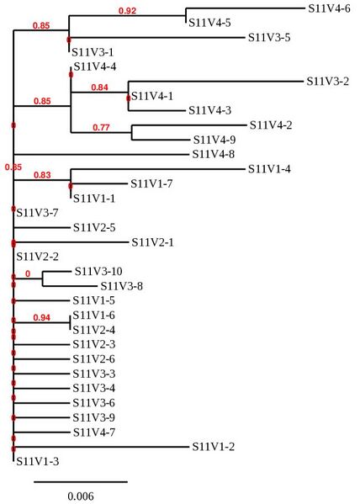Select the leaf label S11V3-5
(x=269, y=38)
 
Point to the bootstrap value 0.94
(x=44, y=318)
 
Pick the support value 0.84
(x=100, y=87)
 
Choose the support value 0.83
(x=42, y=175)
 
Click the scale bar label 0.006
(x=81, y=496)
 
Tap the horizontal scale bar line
(x=81, y=482)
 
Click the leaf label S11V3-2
(x=328, y=82)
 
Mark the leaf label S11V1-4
(x=269, y=169)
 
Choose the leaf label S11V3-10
(x=98, y=272)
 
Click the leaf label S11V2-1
(x=153, y=242)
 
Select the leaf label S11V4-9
(x=214, y=140)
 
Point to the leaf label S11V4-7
(x=93, y=432)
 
